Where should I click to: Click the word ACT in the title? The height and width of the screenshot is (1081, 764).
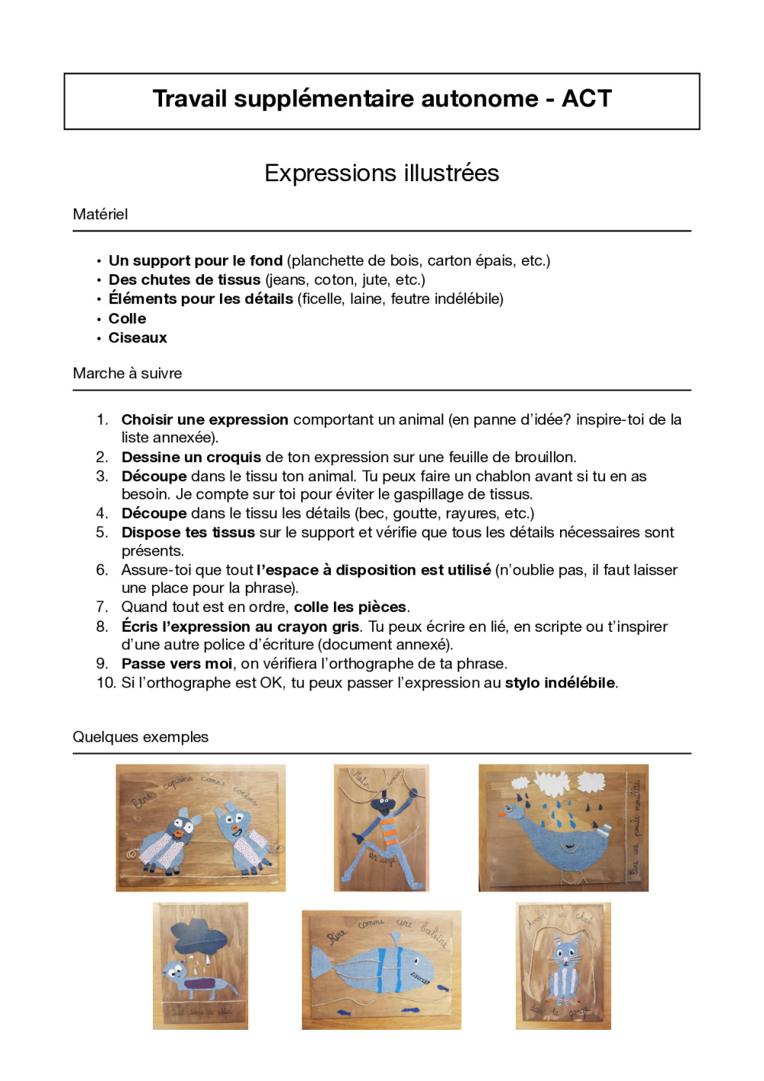point(587,99)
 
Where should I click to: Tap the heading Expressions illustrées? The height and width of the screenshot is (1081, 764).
point(381,173)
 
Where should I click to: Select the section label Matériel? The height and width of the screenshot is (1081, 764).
point(100,214)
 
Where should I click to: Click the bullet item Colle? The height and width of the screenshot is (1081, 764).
point(127,319)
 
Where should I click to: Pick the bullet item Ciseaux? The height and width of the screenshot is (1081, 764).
point(138,338)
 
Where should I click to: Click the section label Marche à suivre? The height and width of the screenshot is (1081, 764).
point(128,373)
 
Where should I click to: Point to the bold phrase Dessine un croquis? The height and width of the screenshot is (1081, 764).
point(191,457)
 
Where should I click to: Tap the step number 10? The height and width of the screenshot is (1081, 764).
point(105,682)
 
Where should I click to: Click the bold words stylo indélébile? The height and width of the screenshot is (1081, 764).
point(560,682)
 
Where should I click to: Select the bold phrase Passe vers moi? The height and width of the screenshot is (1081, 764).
point(176,663)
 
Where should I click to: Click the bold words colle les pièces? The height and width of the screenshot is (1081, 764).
point(350,607)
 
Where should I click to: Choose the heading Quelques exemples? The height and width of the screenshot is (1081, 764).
point(141,736)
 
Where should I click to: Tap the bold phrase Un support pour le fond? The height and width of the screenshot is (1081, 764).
point(196,261)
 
